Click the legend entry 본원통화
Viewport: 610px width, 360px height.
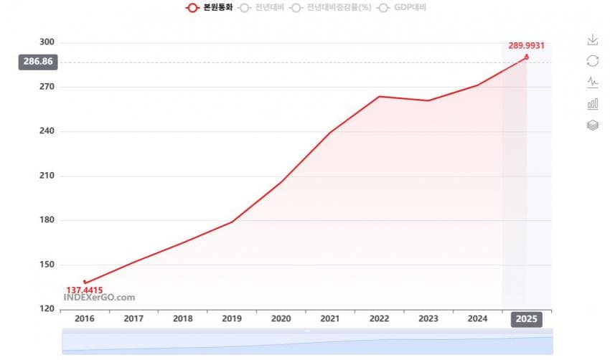coord(210,8)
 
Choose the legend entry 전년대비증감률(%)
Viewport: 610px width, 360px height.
coord(328,8)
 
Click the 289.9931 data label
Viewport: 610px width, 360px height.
coord(527,45)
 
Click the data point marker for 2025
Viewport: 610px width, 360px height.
coord(527,57)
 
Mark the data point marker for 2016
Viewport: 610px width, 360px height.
coord(85,283)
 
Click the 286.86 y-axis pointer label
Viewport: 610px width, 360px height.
coord(38,62)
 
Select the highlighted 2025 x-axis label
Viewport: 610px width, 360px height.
coord(527,318)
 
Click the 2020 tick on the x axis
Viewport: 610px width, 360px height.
coord(281,318)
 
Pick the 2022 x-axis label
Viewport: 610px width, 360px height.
coord(379,318)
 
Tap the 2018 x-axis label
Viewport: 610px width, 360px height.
coord(182,318)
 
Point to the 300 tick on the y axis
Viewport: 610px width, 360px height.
coord(46,42)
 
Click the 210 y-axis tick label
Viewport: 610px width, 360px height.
coord(46,176)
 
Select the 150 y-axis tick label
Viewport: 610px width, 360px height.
coord(46,265)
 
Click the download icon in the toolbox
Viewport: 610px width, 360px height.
coord(593,39)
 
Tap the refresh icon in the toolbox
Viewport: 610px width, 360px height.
coord(593,61)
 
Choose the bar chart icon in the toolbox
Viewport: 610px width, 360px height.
coord(593,104)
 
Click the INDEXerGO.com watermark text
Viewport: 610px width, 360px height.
coord(99,298)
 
